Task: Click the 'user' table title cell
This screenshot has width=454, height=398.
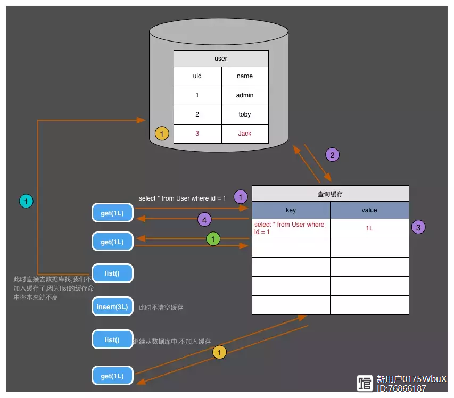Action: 221,59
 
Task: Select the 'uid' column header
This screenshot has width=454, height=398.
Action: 197,76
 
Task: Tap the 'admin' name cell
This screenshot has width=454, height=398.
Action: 245,95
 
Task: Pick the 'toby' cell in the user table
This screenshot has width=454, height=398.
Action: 245,114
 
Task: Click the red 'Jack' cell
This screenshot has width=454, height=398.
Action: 245,134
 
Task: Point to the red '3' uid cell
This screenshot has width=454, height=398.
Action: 197,134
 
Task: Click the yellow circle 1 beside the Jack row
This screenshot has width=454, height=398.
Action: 162,134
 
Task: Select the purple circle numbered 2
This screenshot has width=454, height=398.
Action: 332,155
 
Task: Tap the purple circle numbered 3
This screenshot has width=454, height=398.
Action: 418,228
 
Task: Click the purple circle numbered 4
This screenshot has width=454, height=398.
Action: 204,220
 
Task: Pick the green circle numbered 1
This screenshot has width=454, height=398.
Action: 213,239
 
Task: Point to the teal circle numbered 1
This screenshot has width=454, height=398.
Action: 26,201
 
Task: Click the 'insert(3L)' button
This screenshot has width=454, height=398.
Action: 112,306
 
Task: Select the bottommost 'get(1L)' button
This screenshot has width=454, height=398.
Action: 112,376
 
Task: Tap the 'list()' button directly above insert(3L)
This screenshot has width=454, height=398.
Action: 112,273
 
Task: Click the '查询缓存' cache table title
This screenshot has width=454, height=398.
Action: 331,194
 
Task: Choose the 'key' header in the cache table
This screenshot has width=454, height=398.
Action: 291,210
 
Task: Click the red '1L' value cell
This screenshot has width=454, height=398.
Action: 369,228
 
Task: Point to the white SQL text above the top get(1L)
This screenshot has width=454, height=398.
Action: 182,198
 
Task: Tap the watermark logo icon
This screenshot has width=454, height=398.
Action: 365,383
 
